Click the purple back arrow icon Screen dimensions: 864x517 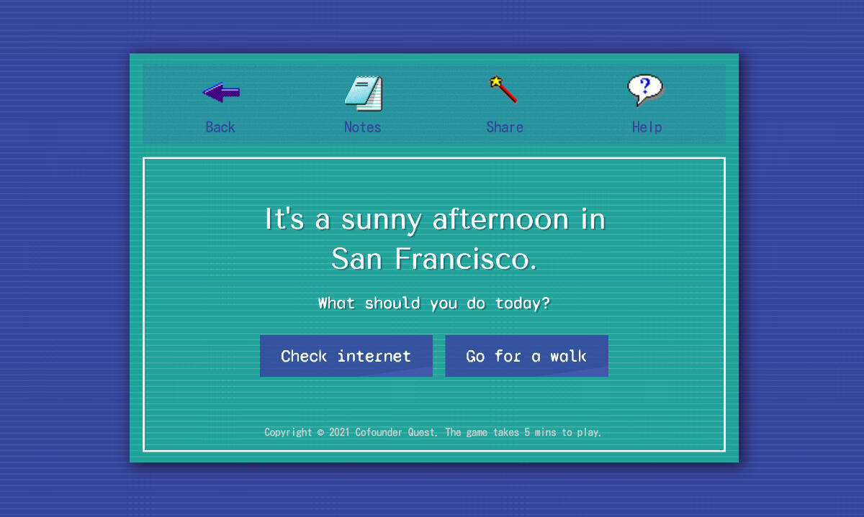[x=222, y=93]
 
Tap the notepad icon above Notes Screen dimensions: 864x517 [x=364, y=93]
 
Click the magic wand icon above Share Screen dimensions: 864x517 [x=503, y=89]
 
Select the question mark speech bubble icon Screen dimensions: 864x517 [x=646, y=90]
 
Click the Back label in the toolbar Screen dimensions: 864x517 [x=220, y=127]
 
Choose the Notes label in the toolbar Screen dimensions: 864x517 [x=363, y=127]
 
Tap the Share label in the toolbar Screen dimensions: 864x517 [x=505, y=127]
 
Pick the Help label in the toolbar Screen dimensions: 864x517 [x=647, y=127]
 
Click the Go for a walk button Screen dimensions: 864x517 [x=526, y=356]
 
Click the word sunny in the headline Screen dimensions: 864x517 [x=381, y=220]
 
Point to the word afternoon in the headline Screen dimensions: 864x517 [x=500, y=219]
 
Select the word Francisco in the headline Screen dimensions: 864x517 [x=466, y=259]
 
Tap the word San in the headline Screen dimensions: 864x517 [x=356, y=259]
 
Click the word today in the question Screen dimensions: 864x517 [x=518, y=303]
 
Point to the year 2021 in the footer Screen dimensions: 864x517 [x=339, y=432]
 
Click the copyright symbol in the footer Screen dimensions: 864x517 [x=320, y=433]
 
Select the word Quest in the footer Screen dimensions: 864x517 [x=422, y=432]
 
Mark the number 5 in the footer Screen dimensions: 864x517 [x=527, y=432]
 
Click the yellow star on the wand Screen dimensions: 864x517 [x=495, y=81]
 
